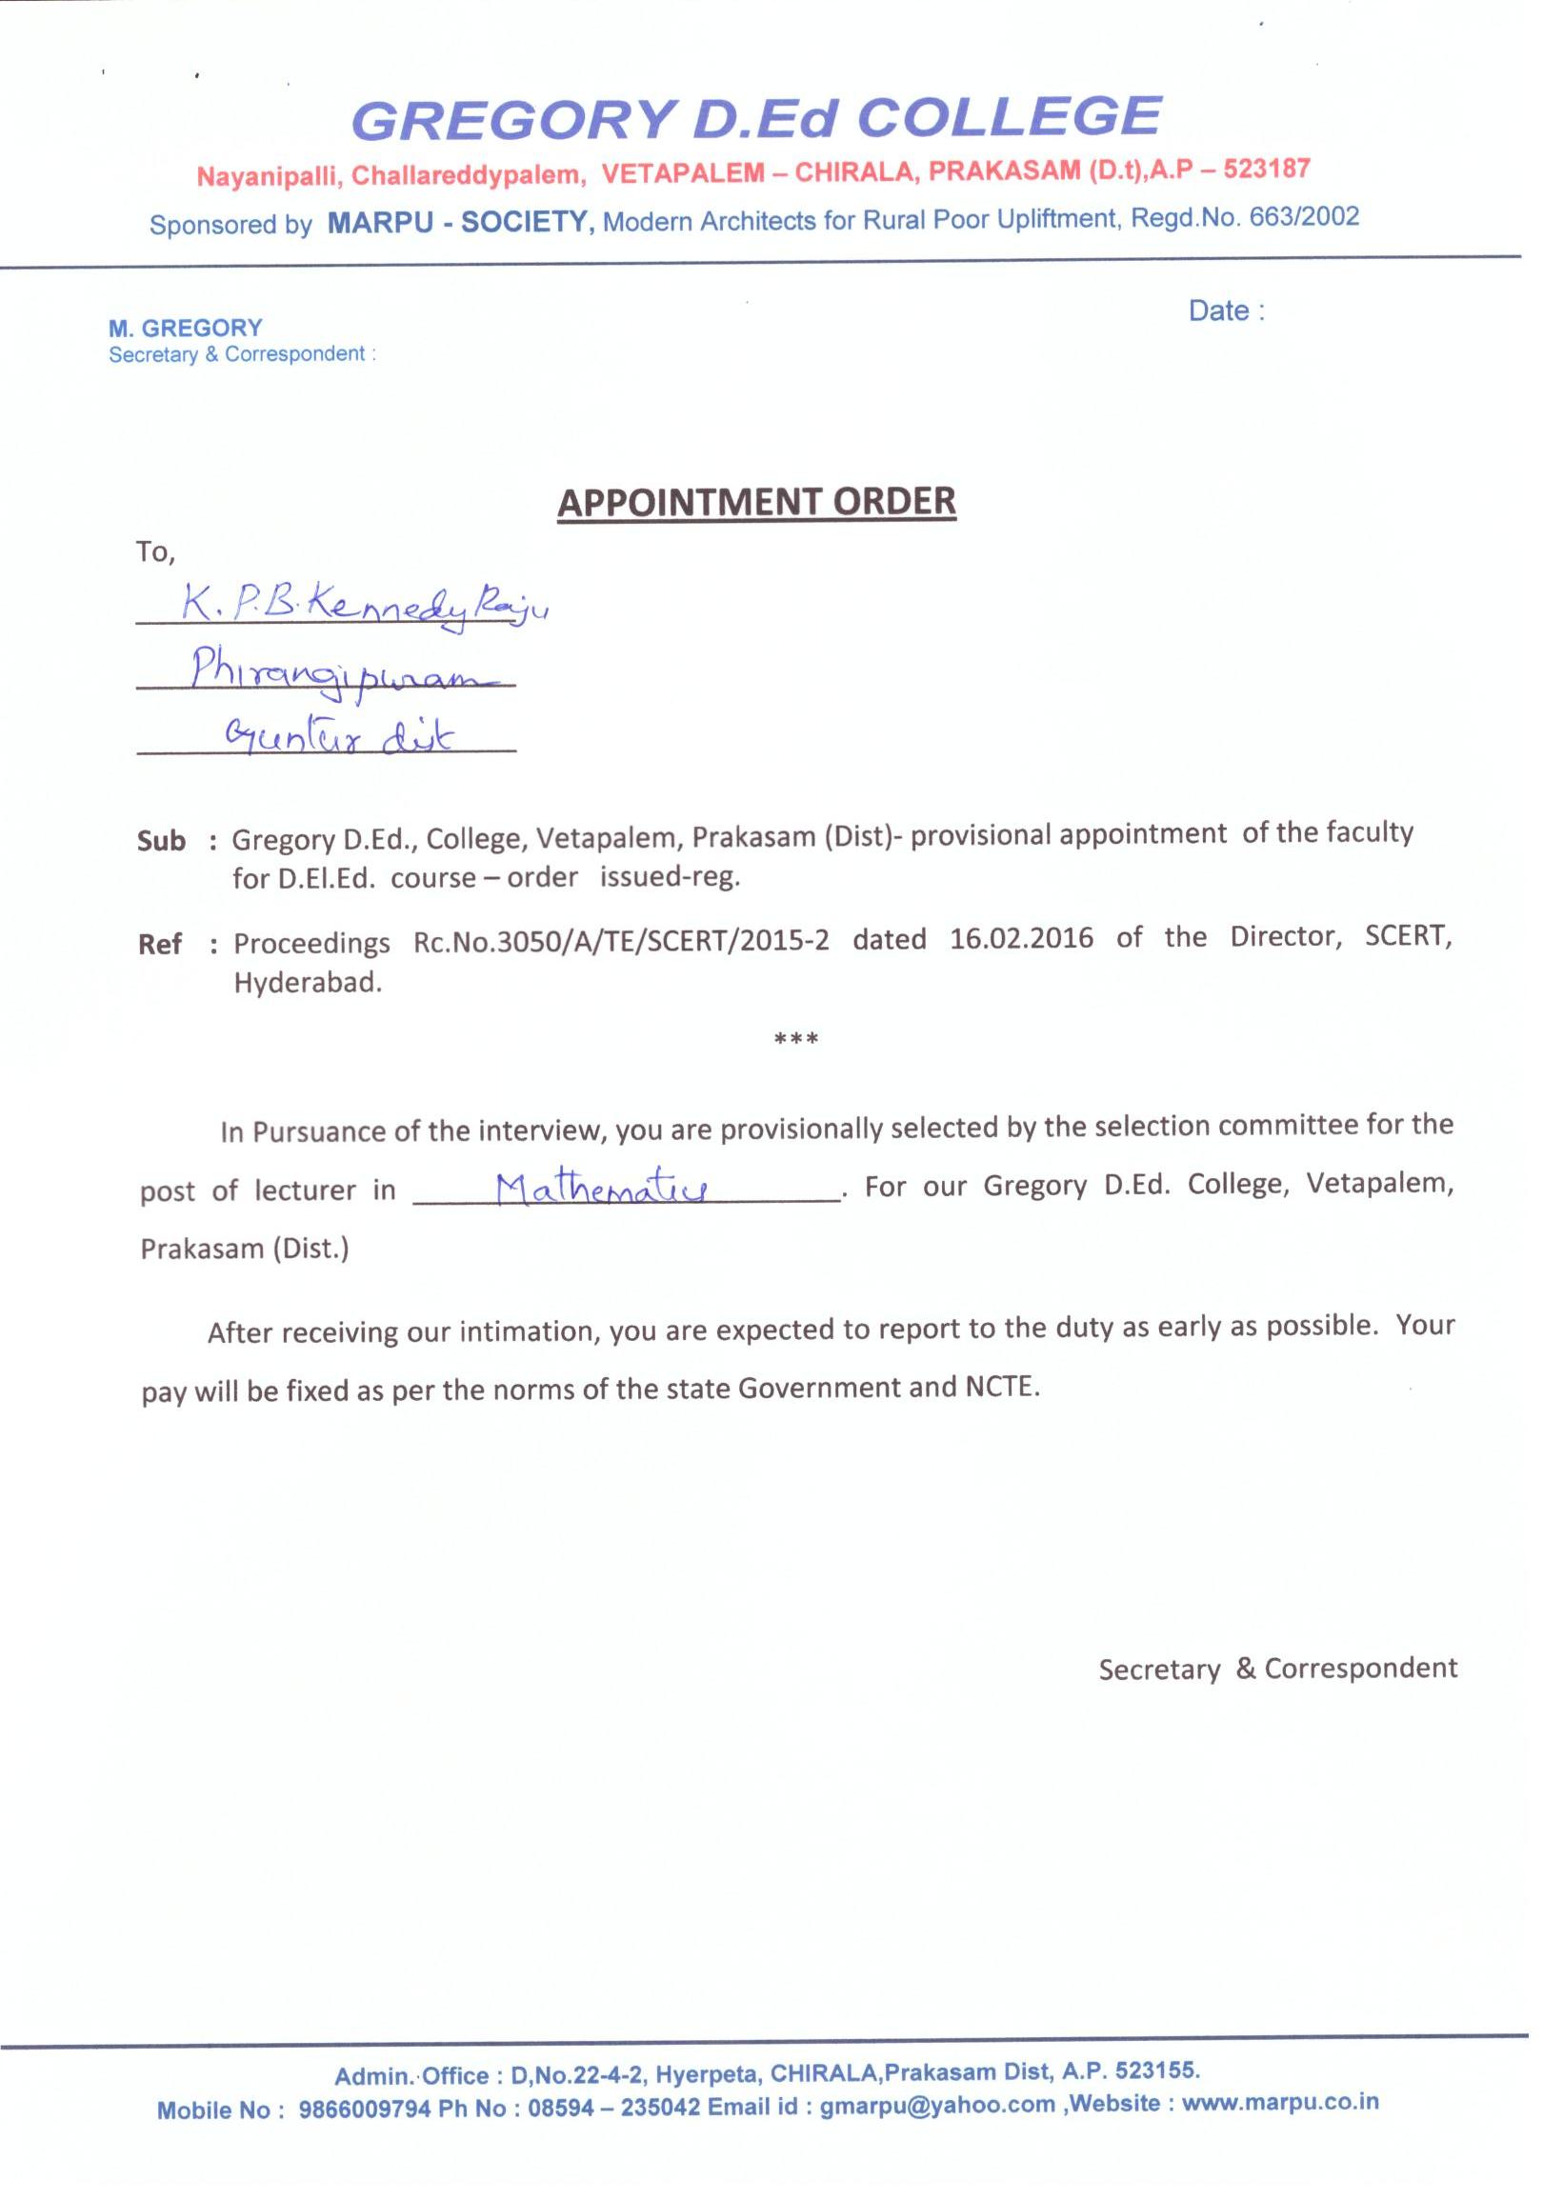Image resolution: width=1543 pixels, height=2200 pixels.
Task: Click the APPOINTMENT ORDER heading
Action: (756, 502)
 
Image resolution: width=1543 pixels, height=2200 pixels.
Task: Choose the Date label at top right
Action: (1226, 311)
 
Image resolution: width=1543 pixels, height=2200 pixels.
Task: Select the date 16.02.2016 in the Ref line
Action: (1022, 938)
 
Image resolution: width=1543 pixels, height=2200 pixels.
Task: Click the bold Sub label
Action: (161, 841)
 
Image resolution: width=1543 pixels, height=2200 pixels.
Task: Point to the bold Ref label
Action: (160, 945)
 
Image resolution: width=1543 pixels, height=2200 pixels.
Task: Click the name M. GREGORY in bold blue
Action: (185, 329)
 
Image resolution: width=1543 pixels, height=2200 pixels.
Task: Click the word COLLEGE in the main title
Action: (1009, 117)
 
